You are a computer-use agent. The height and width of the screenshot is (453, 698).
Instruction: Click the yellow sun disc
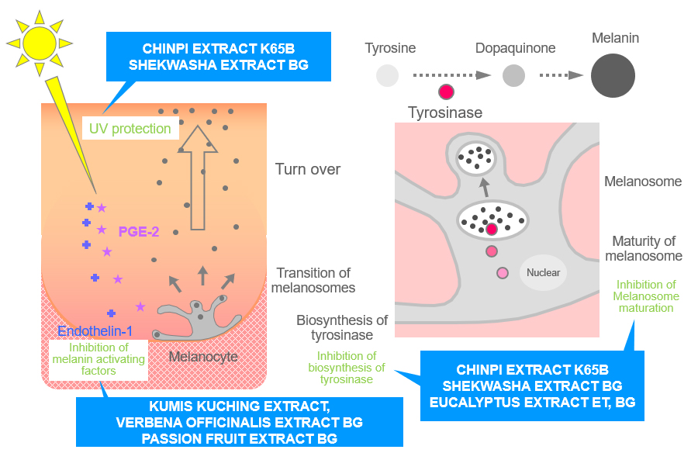[x=40, y=43]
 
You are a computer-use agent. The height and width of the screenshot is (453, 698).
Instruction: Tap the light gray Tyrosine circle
[x=387, y=75]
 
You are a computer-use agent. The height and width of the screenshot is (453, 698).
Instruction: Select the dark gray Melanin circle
[x=613, y=75]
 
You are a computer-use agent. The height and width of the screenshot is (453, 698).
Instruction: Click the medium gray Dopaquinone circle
[x=513, y=75]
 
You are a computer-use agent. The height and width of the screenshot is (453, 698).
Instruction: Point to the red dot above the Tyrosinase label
[x=446, y=92]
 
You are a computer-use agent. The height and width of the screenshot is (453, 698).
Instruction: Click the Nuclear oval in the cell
[x=543, y=272]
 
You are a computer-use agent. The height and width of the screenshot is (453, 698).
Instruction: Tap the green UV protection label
[x=130, y=129]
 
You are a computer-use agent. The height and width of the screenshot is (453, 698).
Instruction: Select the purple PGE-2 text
[x=139, y=232]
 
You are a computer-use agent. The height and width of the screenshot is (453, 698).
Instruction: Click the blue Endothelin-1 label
[x=95, y=331]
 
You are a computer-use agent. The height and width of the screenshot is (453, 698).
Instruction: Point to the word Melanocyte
[x=203, y=356]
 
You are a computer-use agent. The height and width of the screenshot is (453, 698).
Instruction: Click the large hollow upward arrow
[x=198, y=178]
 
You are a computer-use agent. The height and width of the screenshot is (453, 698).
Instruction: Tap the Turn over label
[x=308, y=169]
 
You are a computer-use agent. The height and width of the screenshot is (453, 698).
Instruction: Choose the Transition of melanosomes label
[x=313, y=280]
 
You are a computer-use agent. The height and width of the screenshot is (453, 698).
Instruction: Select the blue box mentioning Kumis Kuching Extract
[x=240, y=422]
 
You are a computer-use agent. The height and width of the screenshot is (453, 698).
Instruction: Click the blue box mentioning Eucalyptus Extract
[x=532, y=386]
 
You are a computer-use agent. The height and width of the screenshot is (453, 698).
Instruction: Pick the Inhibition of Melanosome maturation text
[x=646, y=296]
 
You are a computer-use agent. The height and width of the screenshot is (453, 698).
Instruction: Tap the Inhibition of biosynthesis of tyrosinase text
[x=347, y=368]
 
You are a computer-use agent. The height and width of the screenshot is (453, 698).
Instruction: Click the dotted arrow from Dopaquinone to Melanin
[x=561, y=75]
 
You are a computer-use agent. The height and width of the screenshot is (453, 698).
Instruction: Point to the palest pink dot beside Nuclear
[x=503, y=273]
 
